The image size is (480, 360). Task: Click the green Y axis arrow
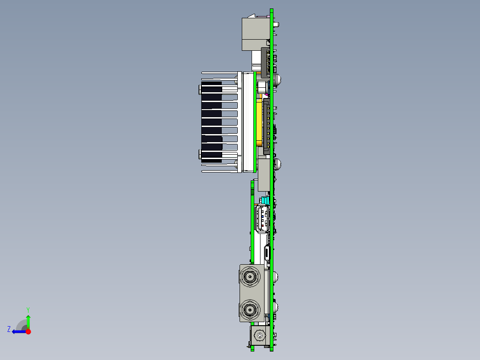(x=28, y=321)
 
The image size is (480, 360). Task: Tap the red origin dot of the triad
(x=28, y=331)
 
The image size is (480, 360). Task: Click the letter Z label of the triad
(x=9, y=329)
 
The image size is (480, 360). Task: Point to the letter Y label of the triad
(x=28, y=309)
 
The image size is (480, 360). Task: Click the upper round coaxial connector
(x=250, y=278)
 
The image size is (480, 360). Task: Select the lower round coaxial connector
(x=250, y=308)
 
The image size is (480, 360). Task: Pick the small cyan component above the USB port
(x=265, y=200)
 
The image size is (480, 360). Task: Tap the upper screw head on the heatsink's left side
(x=199, y=90)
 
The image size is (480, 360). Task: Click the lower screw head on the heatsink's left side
(x=199, y=154)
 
